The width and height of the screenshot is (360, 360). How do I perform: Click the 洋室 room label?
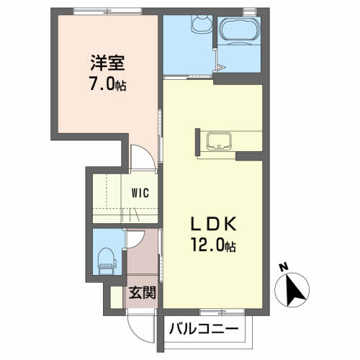coord(107,63)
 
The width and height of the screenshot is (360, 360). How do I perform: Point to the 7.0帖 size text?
coord(108,84)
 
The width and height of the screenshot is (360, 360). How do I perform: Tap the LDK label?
coord(213,224)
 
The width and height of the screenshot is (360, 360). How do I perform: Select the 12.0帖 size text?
coord(213,244)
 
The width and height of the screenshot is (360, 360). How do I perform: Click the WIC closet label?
coord(140,193)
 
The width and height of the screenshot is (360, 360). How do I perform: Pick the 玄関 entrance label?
coord(143,292)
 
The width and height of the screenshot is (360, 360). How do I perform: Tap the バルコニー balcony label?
coord(204,329)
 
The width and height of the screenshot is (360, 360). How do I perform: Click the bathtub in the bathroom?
coord(238,30)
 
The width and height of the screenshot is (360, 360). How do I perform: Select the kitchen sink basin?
coord(219,141)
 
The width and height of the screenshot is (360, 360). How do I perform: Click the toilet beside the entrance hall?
coord(107,261)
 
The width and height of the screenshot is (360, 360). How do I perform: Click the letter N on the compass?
coord(284,267)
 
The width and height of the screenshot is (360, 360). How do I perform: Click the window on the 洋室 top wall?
coord(107,11)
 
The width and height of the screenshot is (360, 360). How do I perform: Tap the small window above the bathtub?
coord(249,12)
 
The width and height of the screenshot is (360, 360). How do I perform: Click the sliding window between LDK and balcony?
coord(222,312)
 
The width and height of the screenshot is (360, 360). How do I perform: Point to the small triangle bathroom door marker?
coord(220,68)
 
